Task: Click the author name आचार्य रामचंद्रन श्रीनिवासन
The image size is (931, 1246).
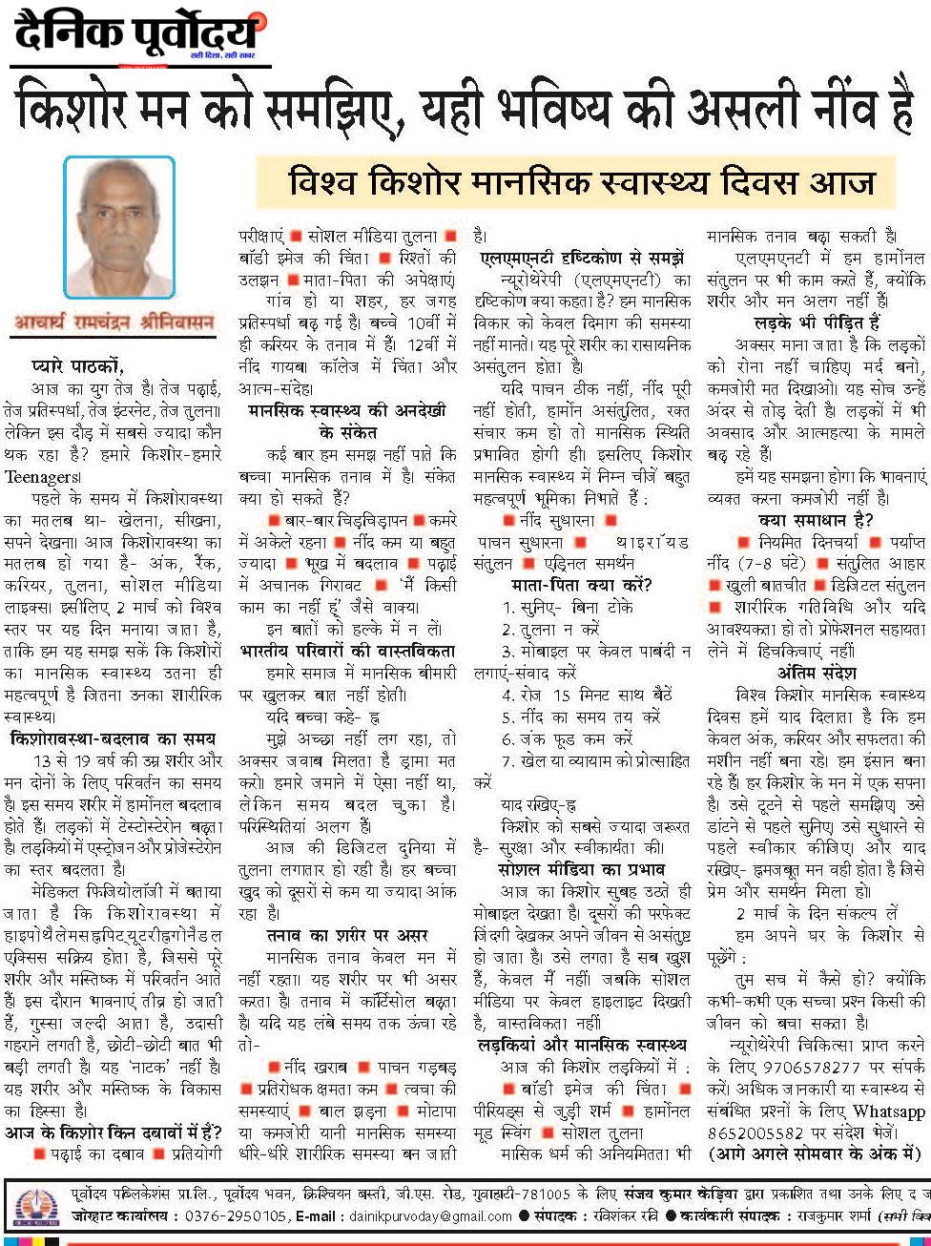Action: [114, 322]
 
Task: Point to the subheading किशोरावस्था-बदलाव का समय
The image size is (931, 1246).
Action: [113, 738]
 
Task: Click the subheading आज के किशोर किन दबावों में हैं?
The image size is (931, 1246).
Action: [113, 1132]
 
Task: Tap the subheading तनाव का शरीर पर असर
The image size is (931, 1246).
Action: [347, 935]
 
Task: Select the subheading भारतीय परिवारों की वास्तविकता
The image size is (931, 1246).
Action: [347, 651]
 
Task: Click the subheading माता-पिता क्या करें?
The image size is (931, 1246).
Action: [581, 585]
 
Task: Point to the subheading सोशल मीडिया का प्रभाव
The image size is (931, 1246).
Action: [581, 870]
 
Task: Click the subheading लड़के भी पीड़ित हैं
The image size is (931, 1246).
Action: [817, 323]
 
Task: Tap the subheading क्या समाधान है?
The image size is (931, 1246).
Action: [816, 520]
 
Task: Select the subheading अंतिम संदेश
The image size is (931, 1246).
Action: [816, 673]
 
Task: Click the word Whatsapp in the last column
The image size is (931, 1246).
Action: [889, 1111]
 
